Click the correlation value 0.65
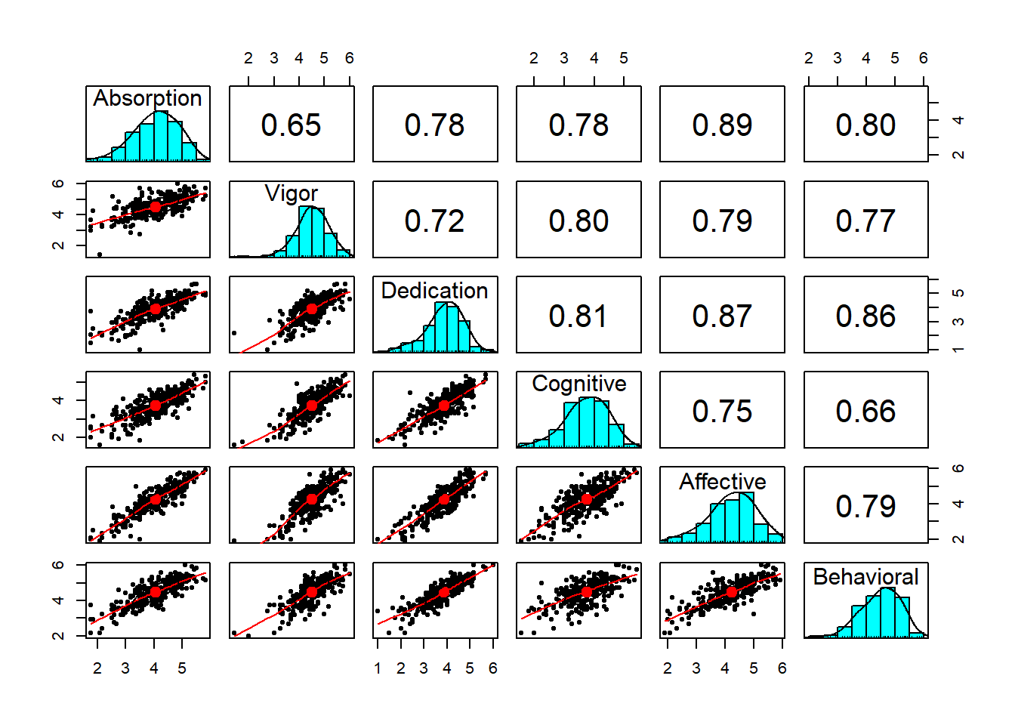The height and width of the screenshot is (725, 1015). pyautogui.click(x=291, y=125)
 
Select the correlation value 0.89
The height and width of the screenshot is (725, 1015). pyautogui.click(x=722, y=125)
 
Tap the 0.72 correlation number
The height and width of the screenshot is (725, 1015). pyautogui.click(x=434, y=221)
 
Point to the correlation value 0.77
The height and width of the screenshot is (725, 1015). pyautogui.click(x=865, y=221)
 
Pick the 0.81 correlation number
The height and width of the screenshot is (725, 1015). pyautogui.click(x=578, y=316)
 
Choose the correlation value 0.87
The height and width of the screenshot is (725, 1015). pyautogui.click(x=722, y=316)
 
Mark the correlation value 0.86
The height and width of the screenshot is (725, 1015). pyautogui.click(x=865, y=316)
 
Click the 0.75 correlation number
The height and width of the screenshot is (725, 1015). pyautogui.click(x=722, y=411)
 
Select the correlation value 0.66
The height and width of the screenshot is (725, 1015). pyautogui.click(x=865, y=411)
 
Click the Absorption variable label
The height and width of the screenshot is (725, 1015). pyautogui.click(x=147, y=98)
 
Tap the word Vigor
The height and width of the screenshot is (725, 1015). pyautogui.click(x=291, y=193)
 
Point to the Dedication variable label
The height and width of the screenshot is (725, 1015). pyautogui.click(x=434, y=290)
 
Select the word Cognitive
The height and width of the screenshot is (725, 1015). pyautogui.click(x=578, y=384)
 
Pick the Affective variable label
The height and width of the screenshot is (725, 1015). pyautogui.click(x=722, y=481)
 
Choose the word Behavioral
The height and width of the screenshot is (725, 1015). pyautogui.click(x=865, y=577)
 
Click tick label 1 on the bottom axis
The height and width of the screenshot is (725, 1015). pyautogui.click(x=378, y=668)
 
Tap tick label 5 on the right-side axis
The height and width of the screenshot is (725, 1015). pyautogui.click(x=958, y=293)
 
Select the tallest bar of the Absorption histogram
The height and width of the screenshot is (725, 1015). pyautogui.click(x=161, y=136)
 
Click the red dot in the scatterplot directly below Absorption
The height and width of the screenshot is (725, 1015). pyautogui.click(x=155, y=207)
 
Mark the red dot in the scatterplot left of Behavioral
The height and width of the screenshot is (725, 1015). pyautogui.click(x=731, y=593)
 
